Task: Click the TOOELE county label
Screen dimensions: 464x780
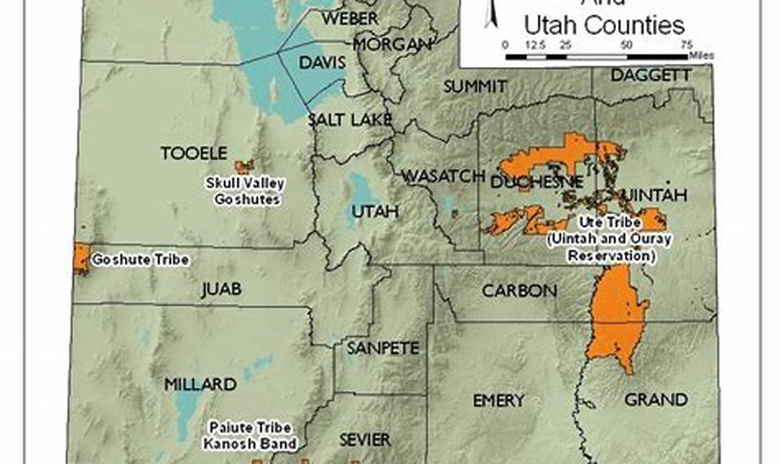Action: click(193, 153)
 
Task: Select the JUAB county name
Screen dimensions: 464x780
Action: click(221, 289)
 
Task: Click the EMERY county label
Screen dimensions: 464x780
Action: click(499, 401)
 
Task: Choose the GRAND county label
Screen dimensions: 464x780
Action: click(655, 400)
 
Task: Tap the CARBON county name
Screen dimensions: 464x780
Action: click(519, 291)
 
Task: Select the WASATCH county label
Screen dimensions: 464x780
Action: click(442, 176)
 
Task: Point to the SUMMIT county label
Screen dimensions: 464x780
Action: click(475, 87)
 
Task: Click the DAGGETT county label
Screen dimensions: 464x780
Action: click(651, 76)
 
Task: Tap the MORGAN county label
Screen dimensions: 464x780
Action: click(392, 45)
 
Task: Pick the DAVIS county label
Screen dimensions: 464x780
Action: click(322, 62)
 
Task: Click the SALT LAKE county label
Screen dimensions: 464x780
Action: click(348, 120)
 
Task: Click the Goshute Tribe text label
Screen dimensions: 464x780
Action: click(140, 260)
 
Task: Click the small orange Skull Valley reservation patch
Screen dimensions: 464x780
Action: click(244, 166)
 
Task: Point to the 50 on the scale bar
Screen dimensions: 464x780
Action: click(626, 45)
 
